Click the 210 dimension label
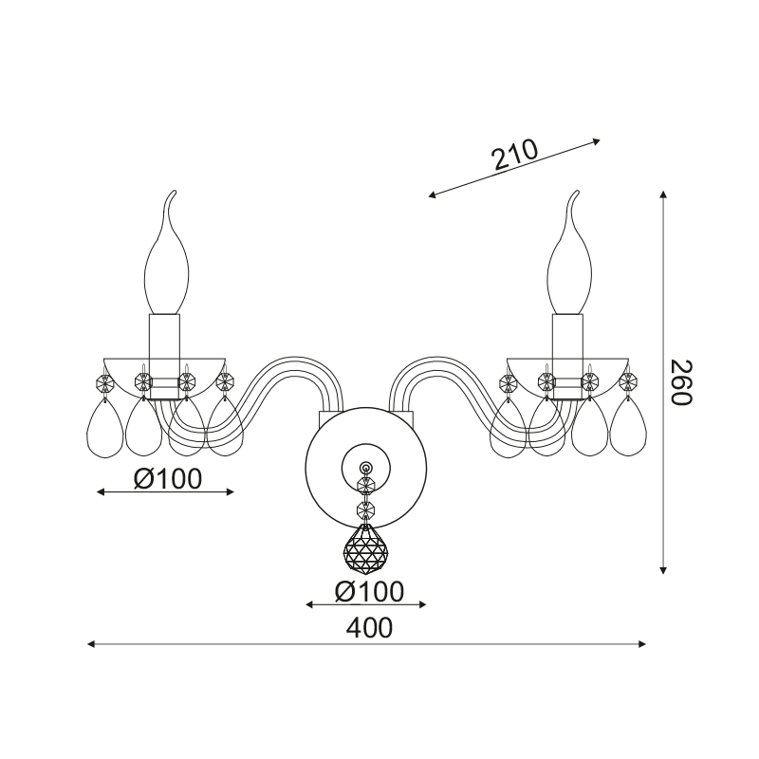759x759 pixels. coord(514,155)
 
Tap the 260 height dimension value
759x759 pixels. coord(682,383)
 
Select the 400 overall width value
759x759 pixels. coord(369,628)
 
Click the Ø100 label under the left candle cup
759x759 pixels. coord(168,479)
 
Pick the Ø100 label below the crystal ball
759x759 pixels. coord(369,591)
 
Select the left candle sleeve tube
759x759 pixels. coord(164,357)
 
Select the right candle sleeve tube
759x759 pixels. coord(568,357)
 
